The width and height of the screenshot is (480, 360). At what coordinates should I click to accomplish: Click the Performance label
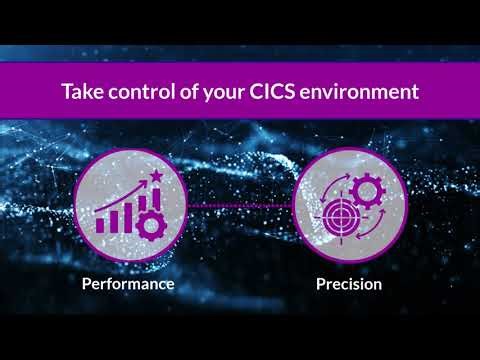pyautogui.click(x=128, y=284)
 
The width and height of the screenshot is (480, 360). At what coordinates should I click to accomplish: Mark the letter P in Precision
pyautogui.click(x=320, y=284)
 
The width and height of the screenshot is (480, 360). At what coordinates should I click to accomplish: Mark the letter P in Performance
pyautogui.click(x=86, y=284)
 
